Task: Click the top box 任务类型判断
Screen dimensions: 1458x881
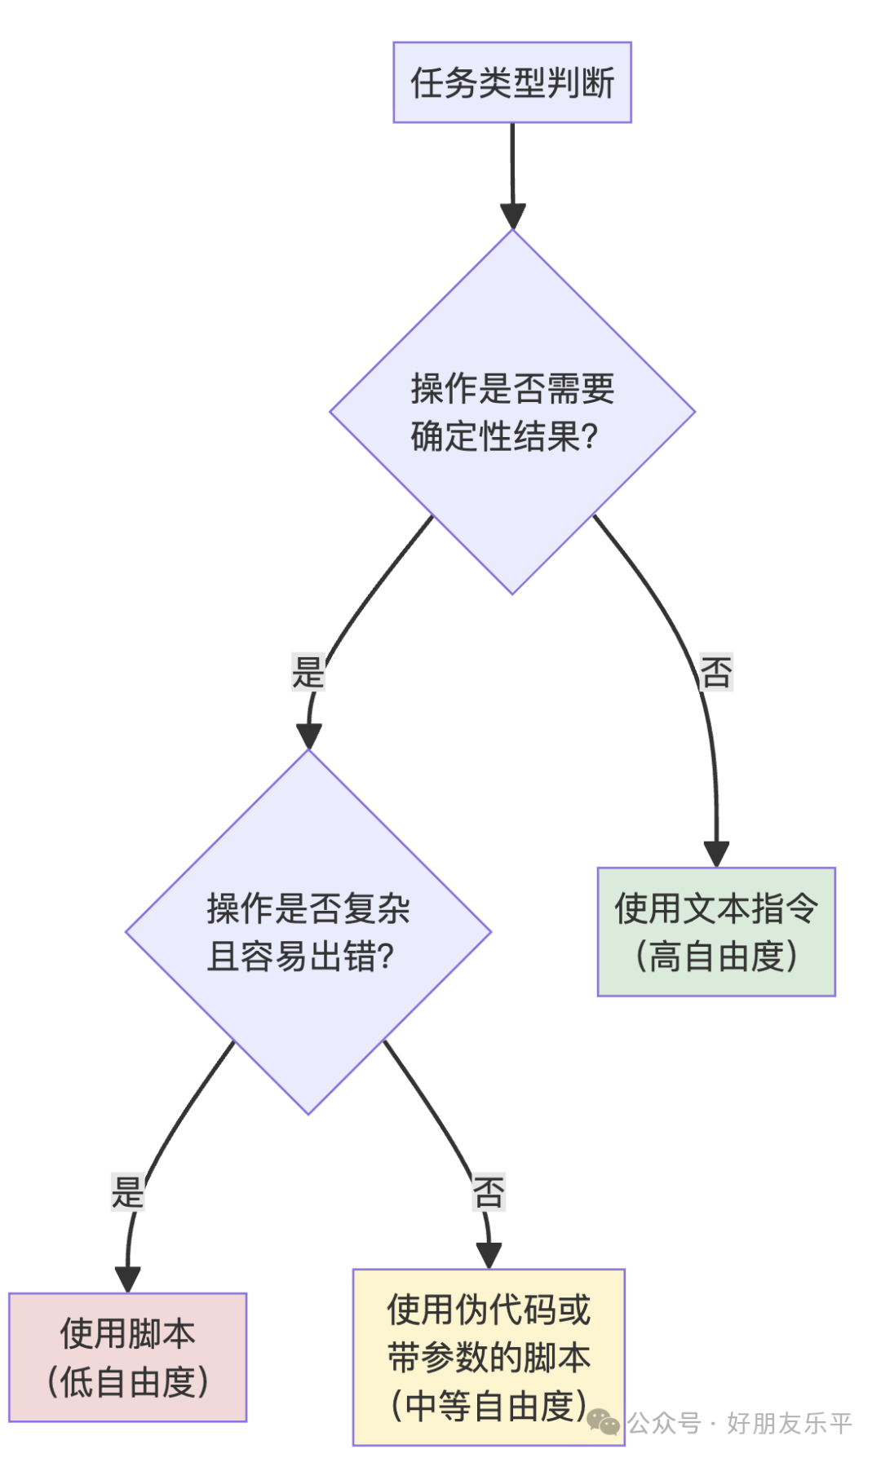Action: coord(512,82)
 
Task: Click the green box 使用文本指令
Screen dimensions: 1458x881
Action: coord(716,908)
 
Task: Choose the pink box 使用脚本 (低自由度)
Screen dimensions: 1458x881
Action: coord(128,1357)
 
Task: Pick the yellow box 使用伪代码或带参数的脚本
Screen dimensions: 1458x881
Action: coord(489,1334)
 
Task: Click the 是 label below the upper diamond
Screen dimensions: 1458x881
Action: coord(308,673)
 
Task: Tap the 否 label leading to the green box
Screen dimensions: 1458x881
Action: coord(716,672)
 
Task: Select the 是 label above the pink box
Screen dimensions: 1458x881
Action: coord(128,1192)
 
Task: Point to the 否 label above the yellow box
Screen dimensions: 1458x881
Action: coord(489,1192)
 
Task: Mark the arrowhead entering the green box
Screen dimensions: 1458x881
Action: coord(716,855)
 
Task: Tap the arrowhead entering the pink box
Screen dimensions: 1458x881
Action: coord(128,1279)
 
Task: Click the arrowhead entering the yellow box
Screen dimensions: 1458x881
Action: coord(489,1256)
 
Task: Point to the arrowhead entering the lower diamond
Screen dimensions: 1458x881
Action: coord(308,736)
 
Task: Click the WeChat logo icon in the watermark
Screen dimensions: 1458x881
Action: coord(604,1423)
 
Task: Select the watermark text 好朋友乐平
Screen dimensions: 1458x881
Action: coord(789,1424)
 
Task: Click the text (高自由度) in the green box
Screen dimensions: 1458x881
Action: coord(716,956)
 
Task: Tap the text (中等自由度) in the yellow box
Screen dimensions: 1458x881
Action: coord(489,1406)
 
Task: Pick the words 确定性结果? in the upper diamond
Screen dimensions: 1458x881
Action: coord(504,437)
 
